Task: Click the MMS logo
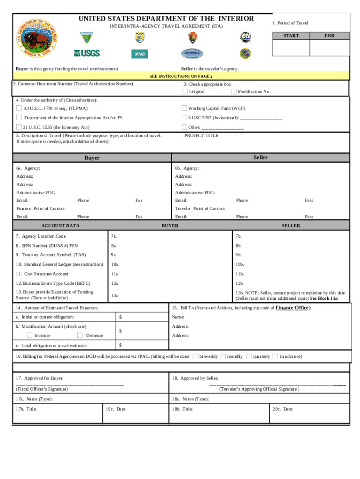pyautogui.click(x=139, y=54)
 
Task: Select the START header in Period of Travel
pyautogui.click(x=291, y=36)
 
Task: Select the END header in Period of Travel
pyautogui.click(x=329, y=36)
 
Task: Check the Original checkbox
pyautogui.click(x=185, y=91)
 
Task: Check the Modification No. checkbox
pyautogui.click(x=234, y=91)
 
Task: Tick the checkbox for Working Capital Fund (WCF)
pyautogui.click(x=184, y=108)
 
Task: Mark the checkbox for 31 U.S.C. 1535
pyautogui.click(x=19, y=127)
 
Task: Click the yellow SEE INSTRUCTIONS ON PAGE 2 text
pyautogui.click(x=181, y=76)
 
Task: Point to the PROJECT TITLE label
pyautogui.click(x=202, y=135)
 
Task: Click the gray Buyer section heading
pyautogui.click(x=92, y=158)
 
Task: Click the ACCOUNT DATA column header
pyautogui.click(x=60, y=225)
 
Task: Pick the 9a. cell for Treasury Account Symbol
pyautogui.click(x=114, y=255)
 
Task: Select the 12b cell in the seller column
pyautogui.click(x=239, y=283)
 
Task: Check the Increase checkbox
pyautogui.click(x=29, y=335)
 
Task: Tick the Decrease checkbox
pyautogui.click(x=79, y=335)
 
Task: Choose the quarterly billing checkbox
pyautogui.click(x=249, y=356)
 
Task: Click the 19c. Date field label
pyautogui.click(x=115, y=409)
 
